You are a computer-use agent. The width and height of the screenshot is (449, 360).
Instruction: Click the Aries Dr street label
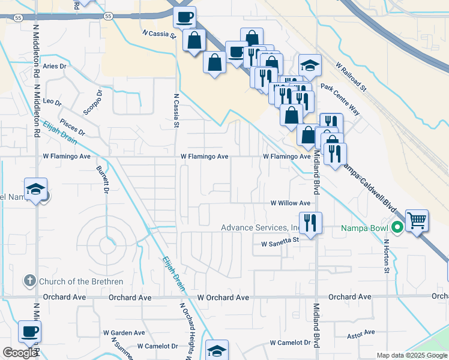53,66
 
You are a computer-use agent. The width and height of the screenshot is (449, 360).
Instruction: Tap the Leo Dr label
52,102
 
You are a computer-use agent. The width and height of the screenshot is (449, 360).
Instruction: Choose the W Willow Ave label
290,203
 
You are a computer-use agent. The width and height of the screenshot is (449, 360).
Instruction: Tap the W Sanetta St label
280,244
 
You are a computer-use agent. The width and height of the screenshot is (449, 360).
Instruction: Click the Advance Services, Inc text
260,227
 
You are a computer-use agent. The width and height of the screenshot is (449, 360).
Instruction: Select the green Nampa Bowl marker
396,228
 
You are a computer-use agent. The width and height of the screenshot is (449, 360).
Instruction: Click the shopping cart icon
417,220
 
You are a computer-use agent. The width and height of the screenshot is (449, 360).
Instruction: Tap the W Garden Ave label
124,332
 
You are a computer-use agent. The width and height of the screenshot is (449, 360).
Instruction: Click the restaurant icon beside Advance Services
310,223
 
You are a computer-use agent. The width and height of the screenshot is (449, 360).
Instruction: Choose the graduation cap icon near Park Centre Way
310,65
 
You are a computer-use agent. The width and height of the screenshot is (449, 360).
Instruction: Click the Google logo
20,353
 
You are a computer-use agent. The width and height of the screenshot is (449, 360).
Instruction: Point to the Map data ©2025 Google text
411,355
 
